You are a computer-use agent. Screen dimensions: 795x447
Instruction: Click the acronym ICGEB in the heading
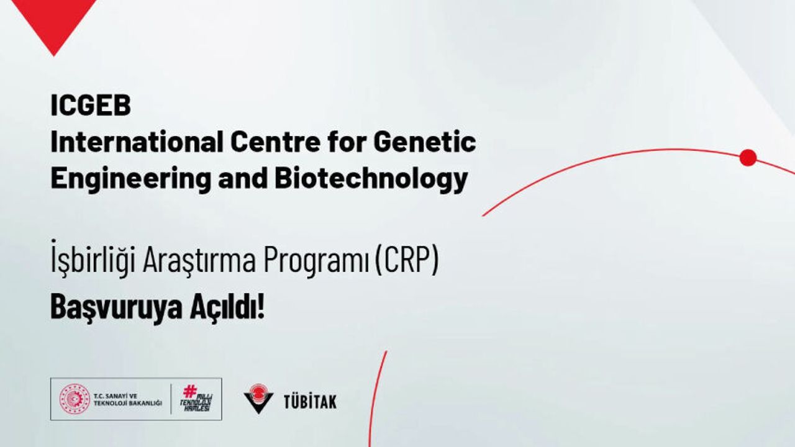[x=91, y=106]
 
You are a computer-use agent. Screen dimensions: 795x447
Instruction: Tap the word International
[x=137, y=142]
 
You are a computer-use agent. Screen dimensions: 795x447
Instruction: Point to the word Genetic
[x=424, y=142]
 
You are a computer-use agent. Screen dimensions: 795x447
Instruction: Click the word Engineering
[x=130, y=180]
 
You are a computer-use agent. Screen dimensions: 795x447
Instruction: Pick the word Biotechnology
[x=371, y=180]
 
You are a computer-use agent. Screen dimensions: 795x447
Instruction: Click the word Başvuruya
[x=116, y=307]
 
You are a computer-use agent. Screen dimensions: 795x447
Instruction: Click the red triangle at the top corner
[x=54, y=25]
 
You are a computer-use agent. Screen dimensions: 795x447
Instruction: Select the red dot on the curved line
[x=748, y=158]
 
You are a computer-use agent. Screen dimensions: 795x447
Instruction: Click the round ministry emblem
[x=75, y=400]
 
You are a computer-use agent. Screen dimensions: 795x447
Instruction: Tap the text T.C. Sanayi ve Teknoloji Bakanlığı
[x=128, y=400]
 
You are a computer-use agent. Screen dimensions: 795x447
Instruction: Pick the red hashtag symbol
[x=190, y=392]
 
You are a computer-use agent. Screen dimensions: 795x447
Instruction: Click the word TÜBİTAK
[x=310, y=402]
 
